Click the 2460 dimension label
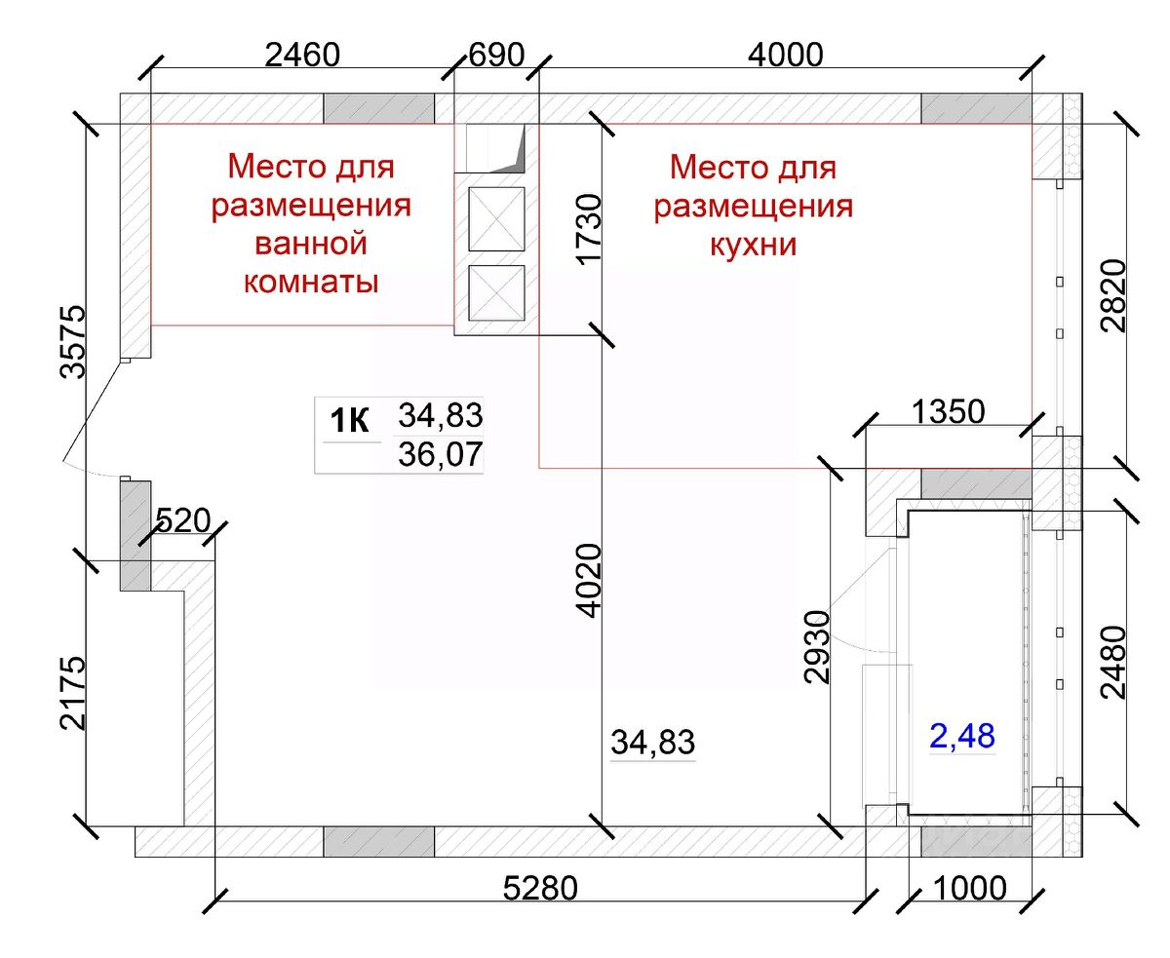(302, 56)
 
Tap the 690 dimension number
(496, 56)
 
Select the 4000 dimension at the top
(785, 56)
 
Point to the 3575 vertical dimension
(73, 341)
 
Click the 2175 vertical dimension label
(73, 693)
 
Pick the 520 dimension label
(182, 520)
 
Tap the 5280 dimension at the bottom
(540, 888)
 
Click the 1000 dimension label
(970, 888)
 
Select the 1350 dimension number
(948, 412)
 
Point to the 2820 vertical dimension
(1113, 295)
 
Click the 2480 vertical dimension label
(1113, 663)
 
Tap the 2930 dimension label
(817, 647)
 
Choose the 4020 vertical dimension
(589, 581)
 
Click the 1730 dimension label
(589, 229)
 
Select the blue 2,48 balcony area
(962, 736)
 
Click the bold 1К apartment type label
(349, 421)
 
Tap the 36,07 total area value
(441, 454)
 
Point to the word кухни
(754, 245)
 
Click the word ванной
(311, 244)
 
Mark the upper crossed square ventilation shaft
(496, 219)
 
